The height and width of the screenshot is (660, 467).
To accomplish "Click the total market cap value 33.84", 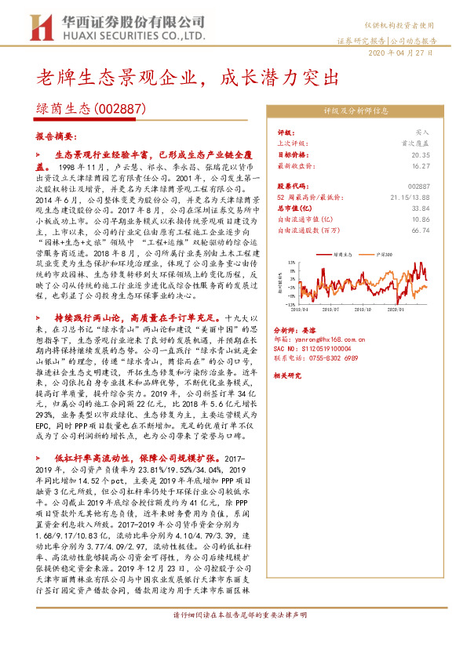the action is coord(421,209).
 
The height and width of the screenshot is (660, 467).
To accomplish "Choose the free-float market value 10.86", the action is coord(421,220).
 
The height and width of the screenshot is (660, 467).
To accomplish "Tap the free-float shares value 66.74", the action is coord(421,231).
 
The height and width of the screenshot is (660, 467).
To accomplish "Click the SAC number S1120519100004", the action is coord(321,349).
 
